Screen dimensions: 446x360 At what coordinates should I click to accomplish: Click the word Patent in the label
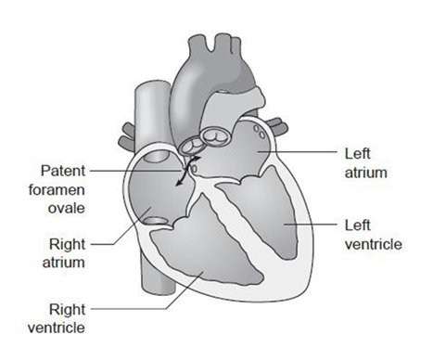click(63, 171)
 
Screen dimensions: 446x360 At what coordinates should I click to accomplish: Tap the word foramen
click(57, 189)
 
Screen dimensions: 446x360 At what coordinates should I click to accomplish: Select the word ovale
click(67, 208)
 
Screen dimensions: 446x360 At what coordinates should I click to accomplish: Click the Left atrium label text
click(366, 163)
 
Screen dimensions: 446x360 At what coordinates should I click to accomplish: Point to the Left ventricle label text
click(374, 235)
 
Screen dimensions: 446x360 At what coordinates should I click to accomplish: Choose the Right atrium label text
click(63, 253)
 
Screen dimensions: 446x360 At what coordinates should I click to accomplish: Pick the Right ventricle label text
click(57, 318)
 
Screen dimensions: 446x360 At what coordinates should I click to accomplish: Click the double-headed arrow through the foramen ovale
click(185, 171)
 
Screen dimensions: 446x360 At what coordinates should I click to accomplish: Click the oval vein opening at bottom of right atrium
click(156, 221)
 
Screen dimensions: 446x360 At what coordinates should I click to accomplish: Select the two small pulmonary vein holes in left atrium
click(259, 132)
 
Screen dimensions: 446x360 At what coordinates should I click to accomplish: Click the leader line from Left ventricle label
click(310, 224)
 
